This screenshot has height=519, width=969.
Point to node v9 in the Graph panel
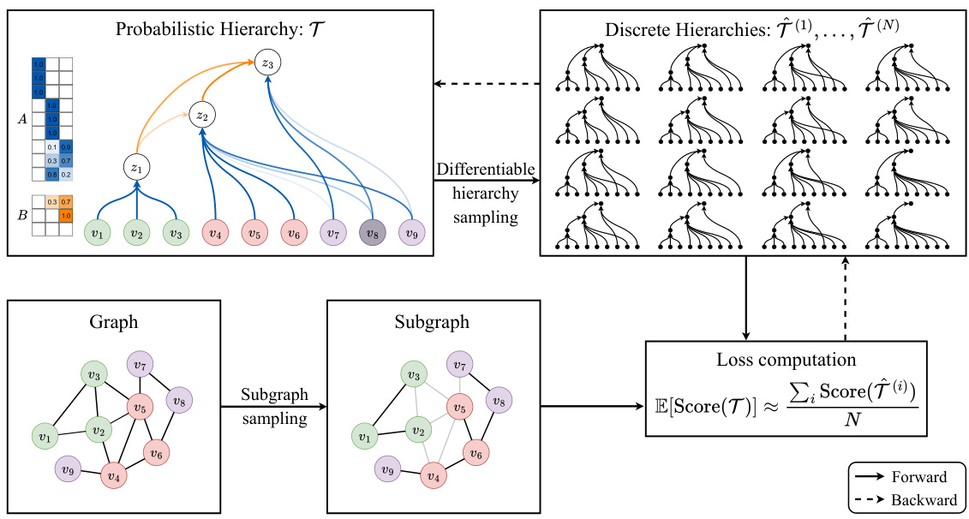[67, 468]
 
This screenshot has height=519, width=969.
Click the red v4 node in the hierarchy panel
[214, 232]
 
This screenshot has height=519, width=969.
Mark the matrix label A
[22, 119]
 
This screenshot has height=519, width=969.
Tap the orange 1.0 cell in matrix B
[66, 216]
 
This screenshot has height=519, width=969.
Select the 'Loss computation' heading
[785, 361]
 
